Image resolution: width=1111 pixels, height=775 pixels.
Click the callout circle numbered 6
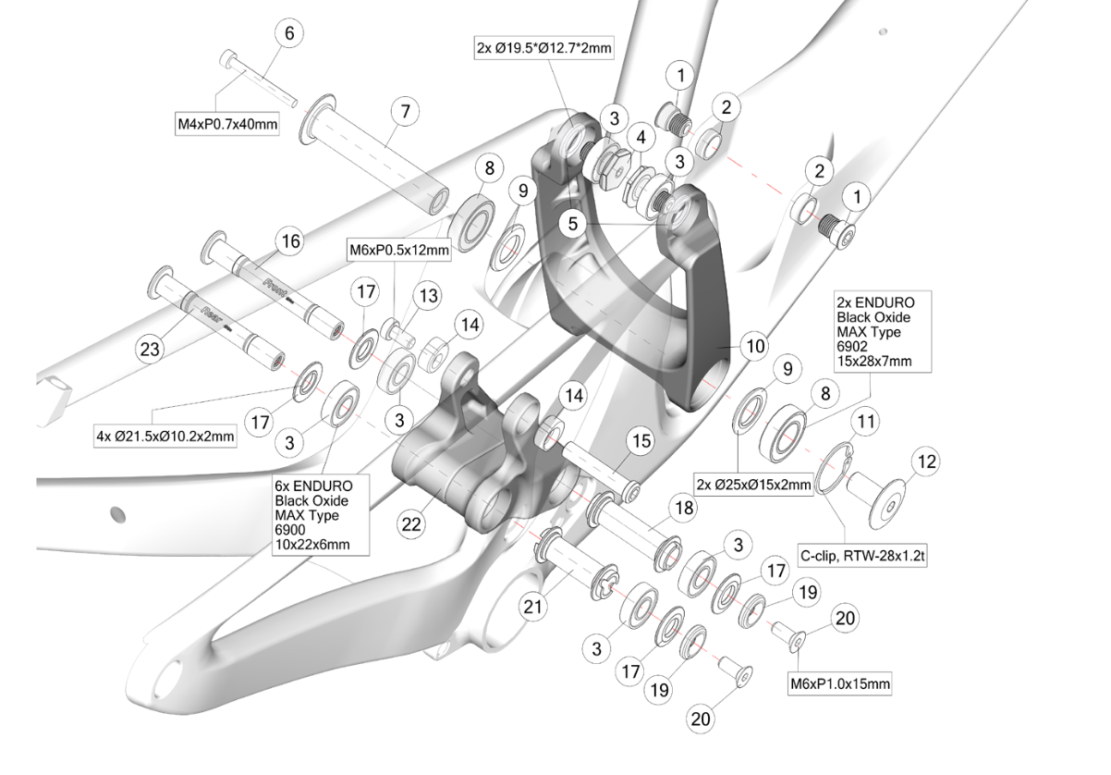coord(288,33)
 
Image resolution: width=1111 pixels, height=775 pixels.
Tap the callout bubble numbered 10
coord(755,347)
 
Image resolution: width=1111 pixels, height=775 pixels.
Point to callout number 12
coord(925,459)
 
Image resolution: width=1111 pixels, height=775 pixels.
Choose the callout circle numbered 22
coord(412,523)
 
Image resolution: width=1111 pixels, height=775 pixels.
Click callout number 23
coord(147,351)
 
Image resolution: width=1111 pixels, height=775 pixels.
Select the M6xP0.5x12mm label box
coord(398,250)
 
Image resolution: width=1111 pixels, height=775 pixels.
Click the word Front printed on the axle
coord(277,285)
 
